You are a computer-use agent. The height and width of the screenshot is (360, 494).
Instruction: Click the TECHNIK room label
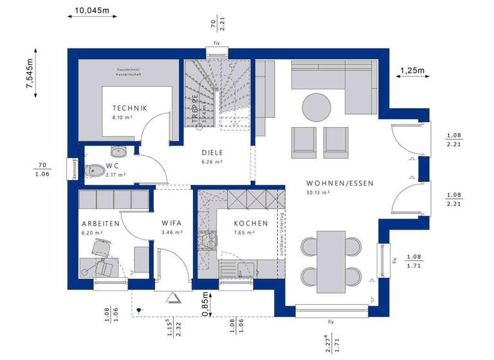pos(130,108)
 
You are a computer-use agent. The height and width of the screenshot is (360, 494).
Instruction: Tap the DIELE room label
pos(211,153)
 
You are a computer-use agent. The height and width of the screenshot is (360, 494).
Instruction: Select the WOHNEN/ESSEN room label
pos(340,183)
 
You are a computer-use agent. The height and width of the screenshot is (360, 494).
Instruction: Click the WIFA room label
pos(172,224)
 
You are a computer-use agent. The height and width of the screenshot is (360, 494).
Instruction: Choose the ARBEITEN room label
pos(100,224)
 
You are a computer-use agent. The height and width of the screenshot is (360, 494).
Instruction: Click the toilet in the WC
pos(95,170)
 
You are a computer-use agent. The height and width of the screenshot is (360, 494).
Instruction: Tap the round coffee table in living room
pos(316,107)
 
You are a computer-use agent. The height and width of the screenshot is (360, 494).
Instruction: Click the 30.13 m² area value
pos(318,192)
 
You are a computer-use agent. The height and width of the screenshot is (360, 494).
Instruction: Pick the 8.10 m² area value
pos(122,118)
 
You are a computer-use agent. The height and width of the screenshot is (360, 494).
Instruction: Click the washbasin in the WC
pos(119,152)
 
